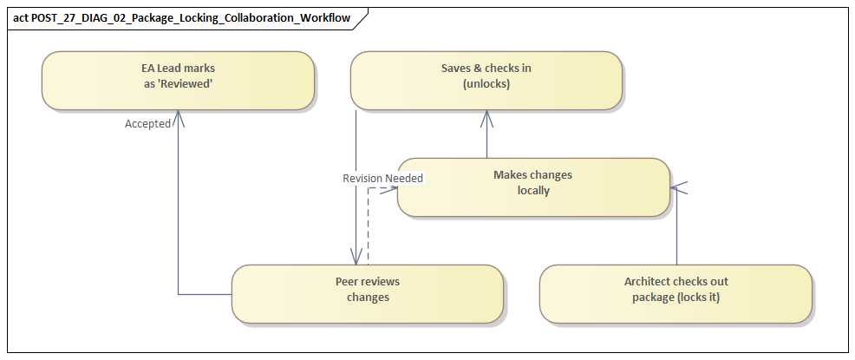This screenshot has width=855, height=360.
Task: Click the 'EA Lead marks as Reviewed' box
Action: coord(177,80)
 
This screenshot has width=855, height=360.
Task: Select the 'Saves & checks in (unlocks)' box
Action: coord(486,80)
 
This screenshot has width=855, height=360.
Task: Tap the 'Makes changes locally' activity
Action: coord(532,186)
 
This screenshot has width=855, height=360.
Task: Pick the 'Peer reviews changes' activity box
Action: coord(367,293)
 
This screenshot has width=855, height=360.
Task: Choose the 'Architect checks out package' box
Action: coord(676,293)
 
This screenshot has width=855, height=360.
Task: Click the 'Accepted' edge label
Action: coord(147,124)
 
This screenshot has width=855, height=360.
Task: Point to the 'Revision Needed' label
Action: coord(382,179)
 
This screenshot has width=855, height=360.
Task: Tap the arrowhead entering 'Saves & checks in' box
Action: coord(486,115)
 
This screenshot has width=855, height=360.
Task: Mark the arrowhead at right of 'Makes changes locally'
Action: coord(676,186)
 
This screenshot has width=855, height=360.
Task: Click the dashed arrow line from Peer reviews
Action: coord(368,226)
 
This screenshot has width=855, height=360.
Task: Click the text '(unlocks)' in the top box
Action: coord(486,85)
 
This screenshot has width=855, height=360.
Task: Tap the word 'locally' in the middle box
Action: coord(532,191)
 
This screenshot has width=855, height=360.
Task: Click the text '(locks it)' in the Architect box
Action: coord(695,298)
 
